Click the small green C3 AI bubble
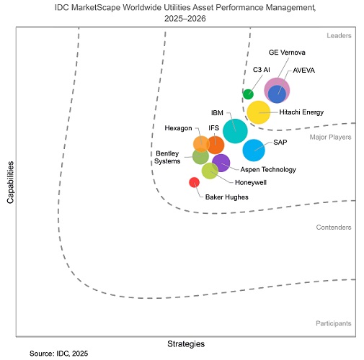248,94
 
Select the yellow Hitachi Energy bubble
258,112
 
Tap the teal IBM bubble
235,130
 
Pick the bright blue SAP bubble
254,150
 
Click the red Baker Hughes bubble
194,182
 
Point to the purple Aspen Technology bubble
221,163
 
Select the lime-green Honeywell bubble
210,171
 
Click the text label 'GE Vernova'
287,53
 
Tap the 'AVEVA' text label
303,71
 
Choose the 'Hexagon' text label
178,128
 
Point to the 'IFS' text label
213,128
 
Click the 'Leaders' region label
337,35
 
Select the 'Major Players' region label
330,137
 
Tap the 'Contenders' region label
334,228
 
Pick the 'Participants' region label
333,324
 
